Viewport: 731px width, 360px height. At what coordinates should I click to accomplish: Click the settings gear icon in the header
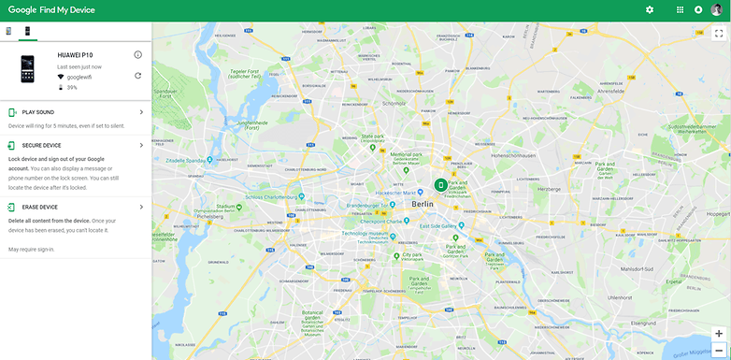(x=650, y=9)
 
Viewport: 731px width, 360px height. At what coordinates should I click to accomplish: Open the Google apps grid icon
(x=680, y=9)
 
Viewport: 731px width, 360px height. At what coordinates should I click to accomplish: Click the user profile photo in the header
(x=717, y=9)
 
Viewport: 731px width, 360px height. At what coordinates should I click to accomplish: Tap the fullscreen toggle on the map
(x=718, y=33)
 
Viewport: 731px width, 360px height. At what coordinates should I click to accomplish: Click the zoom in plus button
(x=718, y=333)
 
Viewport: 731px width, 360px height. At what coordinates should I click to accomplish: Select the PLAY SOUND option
(x=38, y=112)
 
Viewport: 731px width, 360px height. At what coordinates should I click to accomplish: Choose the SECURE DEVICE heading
(x=41, y=146)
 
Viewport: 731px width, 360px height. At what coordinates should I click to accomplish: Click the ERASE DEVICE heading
(x=39, y=207)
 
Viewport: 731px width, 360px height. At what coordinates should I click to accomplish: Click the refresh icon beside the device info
(x=137, y=76)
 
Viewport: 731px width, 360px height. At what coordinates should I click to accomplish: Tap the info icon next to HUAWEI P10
(x=137, y=55)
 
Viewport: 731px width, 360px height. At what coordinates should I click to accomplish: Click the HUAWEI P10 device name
(x=76, y=56)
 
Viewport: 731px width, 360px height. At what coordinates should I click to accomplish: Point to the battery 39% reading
(x=72, y=87)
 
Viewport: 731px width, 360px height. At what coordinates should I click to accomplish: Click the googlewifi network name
(x=80, y=77)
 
